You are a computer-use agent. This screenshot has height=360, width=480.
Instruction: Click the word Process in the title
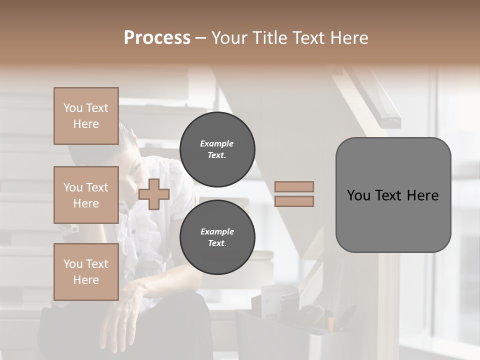[x=157, y=38]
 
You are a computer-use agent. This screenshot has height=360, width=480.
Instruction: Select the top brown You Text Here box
[x=86, y=116]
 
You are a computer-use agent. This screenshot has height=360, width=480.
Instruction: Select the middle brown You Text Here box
[x=86, y=195]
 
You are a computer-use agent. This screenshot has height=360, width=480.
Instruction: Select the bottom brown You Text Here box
[x=86, y=272]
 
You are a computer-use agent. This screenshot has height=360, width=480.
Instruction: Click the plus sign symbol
[x=154, y=194]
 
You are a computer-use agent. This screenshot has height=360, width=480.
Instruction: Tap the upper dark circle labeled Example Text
[x=217, y=149]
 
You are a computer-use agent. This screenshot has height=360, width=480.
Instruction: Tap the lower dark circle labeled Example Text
[x=217, y=237]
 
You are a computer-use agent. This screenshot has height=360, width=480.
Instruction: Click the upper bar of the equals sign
[x=294, y=186]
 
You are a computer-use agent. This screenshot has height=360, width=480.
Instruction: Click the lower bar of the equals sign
[x=294, y=201]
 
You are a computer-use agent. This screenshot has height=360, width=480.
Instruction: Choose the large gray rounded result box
[x=393, y=195]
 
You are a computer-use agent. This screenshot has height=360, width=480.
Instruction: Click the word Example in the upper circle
[x=217, y=143]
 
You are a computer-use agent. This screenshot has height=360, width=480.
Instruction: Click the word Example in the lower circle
[x=217, y=231]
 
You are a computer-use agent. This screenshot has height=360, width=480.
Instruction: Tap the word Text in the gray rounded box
[x=388, y=195]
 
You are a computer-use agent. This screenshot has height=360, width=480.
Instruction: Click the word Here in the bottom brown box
[x=86, y=280]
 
